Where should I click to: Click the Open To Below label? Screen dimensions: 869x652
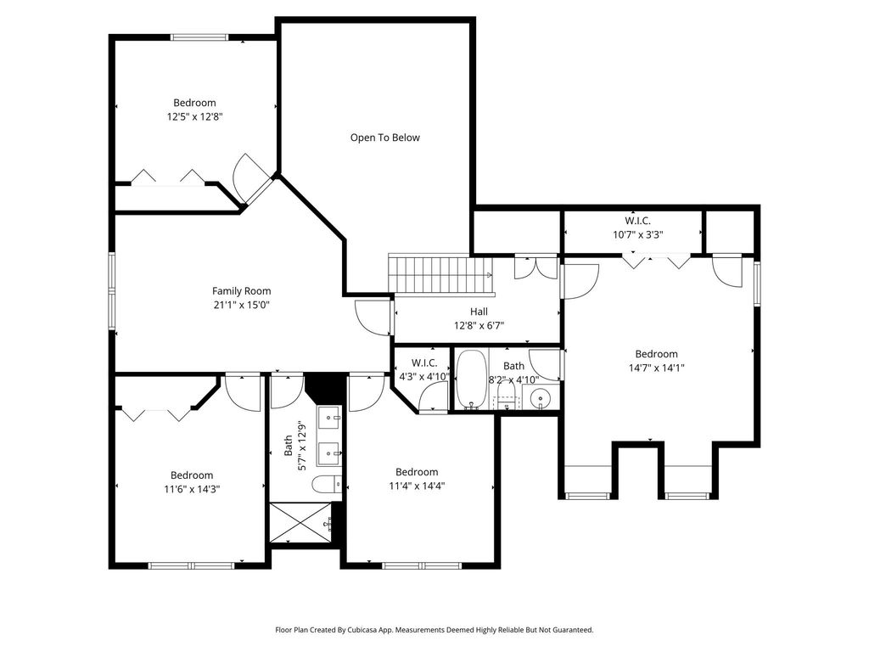(384, 138)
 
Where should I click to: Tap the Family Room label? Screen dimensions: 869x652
(242, 290)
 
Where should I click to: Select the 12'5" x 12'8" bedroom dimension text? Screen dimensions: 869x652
(194, 117)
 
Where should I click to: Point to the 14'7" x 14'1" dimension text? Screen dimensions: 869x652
(656, 368)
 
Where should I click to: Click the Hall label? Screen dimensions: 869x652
(479, 312)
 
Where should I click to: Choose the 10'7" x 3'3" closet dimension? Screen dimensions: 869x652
(638, 234)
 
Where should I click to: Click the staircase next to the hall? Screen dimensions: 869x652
(440, 274)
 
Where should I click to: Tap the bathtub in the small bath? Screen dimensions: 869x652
(472, 379)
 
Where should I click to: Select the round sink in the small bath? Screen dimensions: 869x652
(540, 398)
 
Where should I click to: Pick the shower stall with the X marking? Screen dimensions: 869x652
(301, 523)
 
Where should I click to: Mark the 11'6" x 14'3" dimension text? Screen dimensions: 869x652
(192, 490)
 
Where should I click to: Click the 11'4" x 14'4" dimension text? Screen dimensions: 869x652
(417, 486)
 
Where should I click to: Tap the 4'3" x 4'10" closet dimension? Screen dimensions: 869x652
(424, 376)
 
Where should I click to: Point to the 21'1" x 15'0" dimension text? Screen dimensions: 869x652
(242, 305)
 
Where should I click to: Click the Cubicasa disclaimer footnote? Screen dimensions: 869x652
(434, 630)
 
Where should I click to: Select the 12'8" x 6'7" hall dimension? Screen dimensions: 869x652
(479, 326)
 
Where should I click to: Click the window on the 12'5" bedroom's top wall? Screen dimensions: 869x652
(199, 37)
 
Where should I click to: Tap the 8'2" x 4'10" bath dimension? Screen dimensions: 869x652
(513, 379)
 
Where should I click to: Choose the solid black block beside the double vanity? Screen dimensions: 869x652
(325, 386)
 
